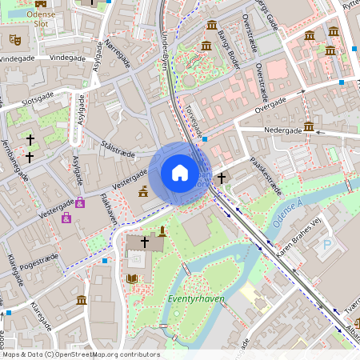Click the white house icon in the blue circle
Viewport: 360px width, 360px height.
click(179, 173)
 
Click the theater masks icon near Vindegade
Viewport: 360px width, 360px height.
click(14, 39)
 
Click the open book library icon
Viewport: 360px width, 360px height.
click(132, 279)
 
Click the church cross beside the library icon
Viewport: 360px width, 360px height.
click(145, 241)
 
